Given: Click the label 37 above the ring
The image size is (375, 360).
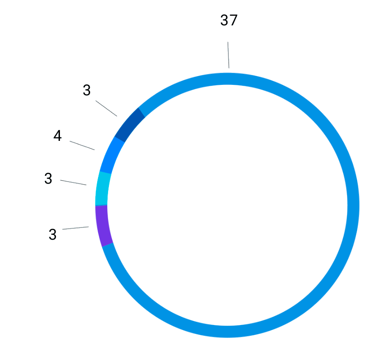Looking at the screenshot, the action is (x=228, y=21).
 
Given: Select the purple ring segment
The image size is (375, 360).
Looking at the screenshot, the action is (x=103, y=226).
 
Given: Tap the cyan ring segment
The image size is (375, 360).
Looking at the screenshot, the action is (x=103, y=189).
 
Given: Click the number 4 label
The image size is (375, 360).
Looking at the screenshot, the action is (x=58, y=136).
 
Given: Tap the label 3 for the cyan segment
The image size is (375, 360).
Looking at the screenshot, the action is (x=48, y=179).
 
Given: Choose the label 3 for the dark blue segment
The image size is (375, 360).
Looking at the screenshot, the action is (x=87, y=91).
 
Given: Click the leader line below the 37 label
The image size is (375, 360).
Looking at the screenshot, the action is (x=228, y=55).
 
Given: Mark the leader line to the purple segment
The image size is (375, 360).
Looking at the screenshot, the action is (x=75, y=228).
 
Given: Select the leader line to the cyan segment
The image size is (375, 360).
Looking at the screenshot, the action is (x=73, y=182).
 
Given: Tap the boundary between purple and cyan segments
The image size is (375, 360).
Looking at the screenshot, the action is (x=101, y=205).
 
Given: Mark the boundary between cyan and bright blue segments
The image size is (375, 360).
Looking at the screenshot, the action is (x=105, y=173).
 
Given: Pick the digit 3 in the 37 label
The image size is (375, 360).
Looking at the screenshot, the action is (x=224, y=21).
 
